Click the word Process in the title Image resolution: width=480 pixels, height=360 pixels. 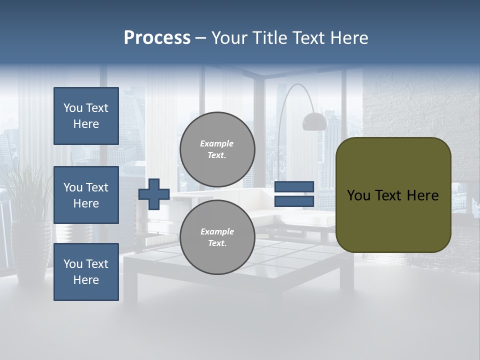click(x=157, y=38)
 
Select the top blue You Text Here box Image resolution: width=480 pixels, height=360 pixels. click(x=86, y=116)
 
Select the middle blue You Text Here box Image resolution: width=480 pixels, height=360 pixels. click(x=86, y=195)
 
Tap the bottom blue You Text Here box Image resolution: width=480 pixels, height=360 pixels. click(x=86, y=272)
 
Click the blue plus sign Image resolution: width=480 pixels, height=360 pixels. click(x=154, y=194)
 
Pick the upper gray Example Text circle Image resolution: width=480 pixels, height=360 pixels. click(x=217, y=149)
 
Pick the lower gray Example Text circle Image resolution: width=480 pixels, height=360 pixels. click(x=217, y=237)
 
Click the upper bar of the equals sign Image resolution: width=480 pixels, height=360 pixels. click(x=294, y=187)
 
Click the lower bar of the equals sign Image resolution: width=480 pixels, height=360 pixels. click(x=294, y=201)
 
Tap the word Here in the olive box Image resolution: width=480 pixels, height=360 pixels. click(x=422, y=195)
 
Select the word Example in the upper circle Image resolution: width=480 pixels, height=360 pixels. click(x=217, y=143)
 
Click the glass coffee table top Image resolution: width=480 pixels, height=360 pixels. click(x=280, y=260)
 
